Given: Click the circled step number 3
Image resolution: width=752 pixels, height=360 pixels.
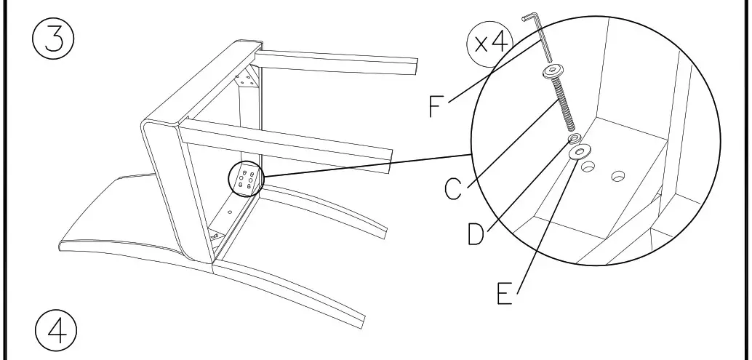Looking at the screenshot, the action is click(x=53, y=39).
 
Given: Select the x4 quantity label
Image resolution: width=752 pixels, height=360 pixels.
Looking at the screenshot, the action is click(x=490, y=43).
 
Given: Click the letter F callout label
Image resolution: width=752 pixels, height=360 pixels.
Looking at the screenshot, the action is click(x=435, y=106).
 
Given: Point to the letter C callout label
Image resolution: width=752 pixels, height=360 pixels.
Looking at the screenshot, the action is click(x=453, y=189).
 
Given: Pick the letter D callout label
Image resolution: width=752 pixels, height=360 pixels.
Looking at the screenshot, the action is click(x=476, y=234).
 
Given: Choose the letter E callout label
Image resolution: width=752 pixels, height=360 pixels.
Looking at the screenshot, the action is click(x=504, y=293).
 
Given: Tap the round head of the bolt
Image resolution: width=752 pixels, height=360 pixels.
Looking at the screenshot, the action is click(x=553, y=71).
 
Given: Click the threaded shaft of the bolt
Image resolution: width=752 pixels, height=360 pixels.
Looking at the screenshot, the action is click(x=564, y=103).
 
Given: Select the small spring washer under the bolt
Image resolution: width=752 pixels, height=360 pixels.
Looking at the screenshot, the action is click(x=574, y=139).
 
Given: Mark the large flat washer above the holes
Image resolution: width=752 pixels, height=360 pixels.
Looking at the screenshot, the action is click(x=580, y=153).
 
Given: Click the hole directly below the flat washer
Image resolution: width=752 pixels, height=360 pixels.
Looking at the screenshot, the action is click(x=588, y=167).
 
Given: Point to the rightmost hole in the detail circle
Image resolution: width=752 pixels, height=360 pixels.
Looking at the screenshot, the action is click(x=619, y=177).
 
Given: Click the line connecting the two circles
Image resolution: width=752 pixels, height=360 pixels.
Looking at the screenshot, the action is click(x=367, y=165).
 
